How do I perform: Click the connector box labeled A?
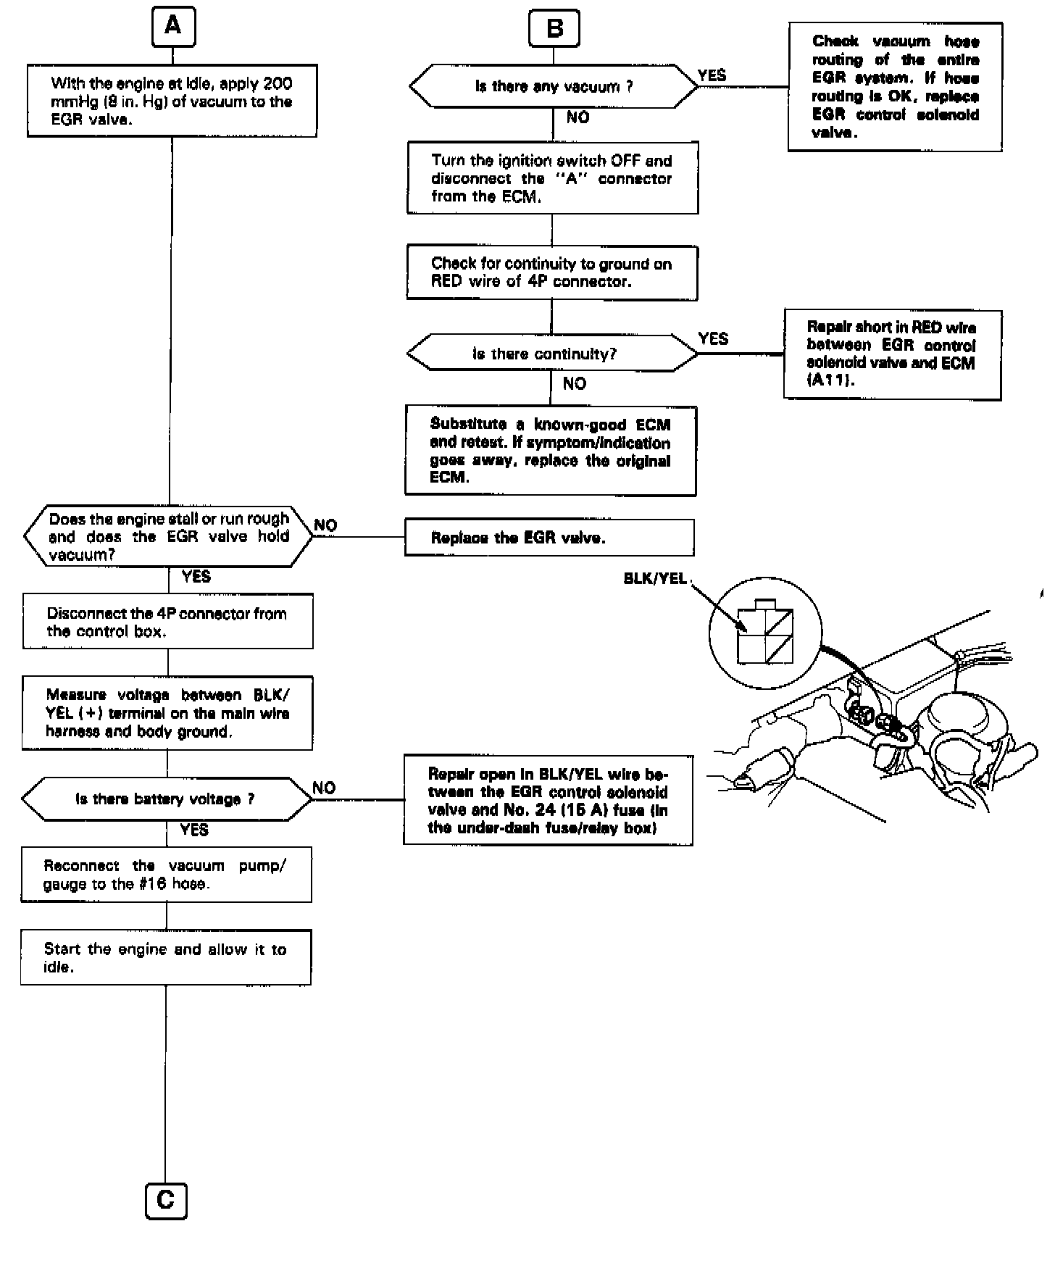173,27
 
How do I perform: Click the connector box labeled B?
554,29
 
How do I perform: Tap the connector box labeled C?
166,1201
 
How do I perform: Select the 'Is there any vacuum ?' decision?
554,87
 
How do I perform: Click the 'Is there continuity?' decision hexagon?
551,354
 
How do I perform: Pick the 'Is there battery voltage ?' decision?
166,799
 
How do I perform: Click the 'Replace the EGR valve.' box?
549,538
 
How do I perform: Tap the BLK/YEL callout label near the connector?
654,579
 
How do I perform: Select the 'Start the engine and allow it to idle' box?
166,957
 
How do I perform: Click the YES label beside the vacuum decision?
712,75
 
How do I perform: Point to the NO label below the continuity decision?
574,383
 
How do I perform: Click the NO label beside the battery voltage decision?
324,788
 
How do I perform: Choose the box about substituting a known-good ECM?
550,451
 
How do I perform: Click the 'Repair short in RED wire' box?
892,354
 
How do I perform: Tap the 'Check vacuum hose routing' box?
895,87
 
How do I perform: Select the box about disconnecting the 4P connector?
168,622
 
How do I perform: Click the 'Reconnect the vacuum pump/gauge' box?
166,875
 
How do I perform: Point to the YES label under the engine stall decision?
196,577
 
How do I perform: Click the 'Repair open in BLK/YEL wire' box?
548,801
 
